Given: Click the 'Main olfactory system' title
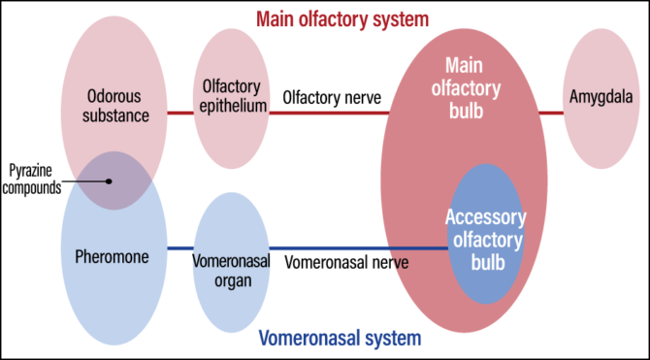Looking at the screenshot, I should click(324, 18).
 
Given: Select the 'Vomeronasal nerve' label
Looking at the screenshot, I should click(346, 262).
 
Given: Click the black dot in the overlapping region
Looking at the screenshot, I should click(110, 180).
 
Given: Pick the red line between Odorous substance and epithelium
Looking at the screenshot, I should click(181, 113).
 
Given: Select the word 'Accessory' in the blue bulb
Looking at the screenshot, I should click(485, 217).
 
